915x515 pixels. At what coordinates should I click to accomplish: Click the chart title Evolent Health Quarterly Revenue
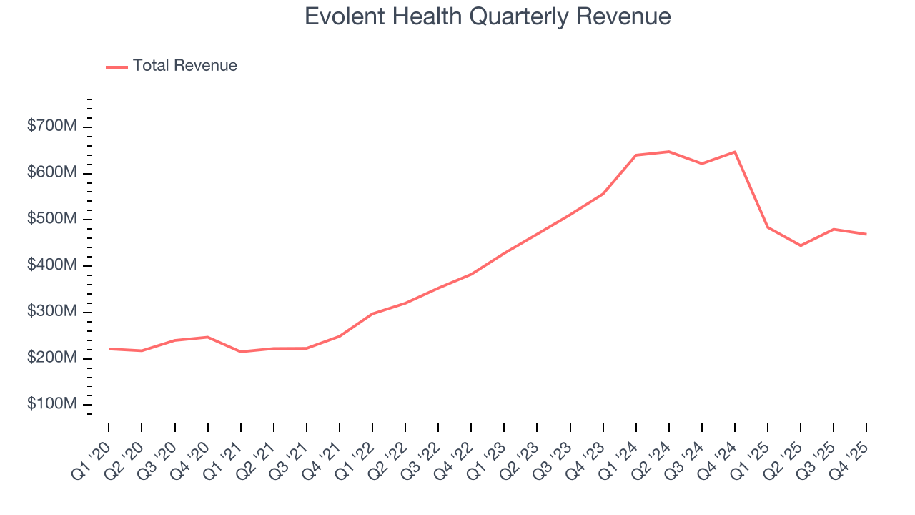tap(488, 16)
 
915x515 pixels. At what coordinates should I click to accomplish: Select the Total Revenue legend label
tap(184, 66)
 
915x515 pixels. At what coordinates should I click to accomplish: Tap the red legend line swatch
tap(117, 67)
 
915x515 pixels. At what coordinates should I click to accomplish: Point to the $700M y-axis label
tap(51, 127)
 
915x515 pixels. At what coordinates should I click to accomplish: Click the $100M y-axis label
tap(51, 404)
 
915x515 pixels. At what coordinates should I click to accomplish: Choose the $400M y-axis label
tap(51, 265)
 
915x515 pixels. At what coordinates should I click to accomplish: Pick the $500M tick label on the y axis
tap(51, 219)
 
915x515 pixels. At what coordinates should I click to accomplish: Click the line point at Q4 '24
tap(735, 152)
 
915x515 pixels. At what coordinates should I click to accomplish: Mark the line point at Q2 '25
tap(801, 245)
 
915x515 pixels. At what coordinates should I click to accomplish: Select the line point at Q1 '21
tap(241, 352)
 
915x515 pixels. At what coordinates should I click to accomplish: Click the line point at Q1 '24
tap(636, 155)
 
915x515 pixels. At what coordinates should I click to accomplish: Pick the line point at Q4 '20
tap(208, 337)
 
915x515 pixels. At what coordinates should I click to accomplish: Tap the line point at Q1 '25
tap(768, 227)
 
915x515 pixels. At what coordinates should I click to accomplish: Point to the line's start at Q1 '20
tap(109, 348)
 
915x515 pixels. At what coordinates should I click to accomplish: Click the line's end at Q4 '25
tap(866, 234)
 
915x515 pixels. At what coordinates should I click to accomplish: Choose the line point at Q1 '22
tap(372, 313)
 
